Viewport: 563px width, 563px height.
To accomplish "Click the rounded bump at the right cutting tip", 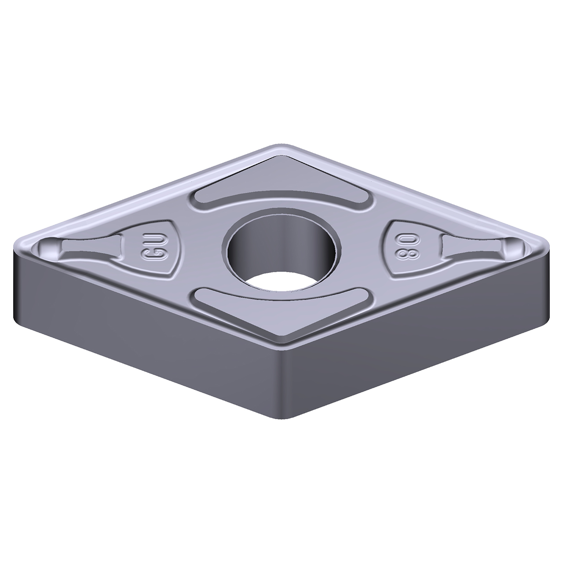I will [512, 248].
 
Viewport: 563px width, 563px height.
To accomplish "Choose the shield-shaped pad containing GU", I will [154, 251].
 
